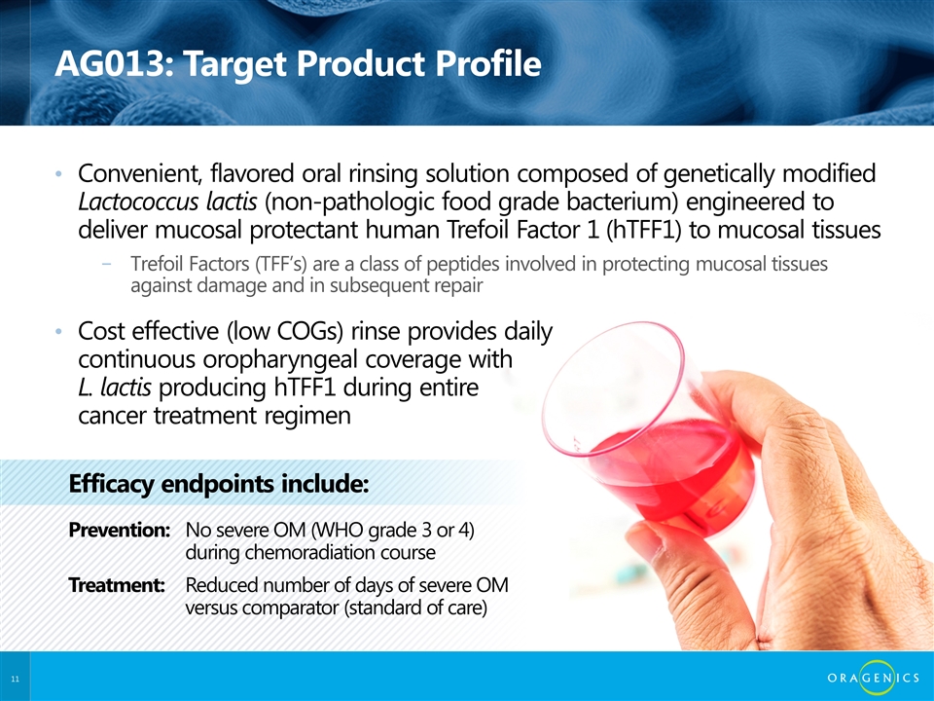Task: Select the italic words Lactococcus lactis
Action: click(x=167, y=203)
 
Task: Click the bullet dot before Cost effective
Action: click(x=58, y=331)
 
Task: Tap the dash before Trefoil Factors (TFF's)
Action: click(x=107, y=264)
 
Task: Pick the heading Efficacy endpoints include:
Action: click(x=219, y=484)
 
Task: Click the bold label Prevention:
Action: click(x=120, y=530)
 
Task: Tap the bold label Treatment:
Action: click(x=117, y=585)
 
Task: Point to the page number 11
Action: click(x=15, y=679)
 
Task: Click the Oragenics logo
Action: click(x=874, y=678)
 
